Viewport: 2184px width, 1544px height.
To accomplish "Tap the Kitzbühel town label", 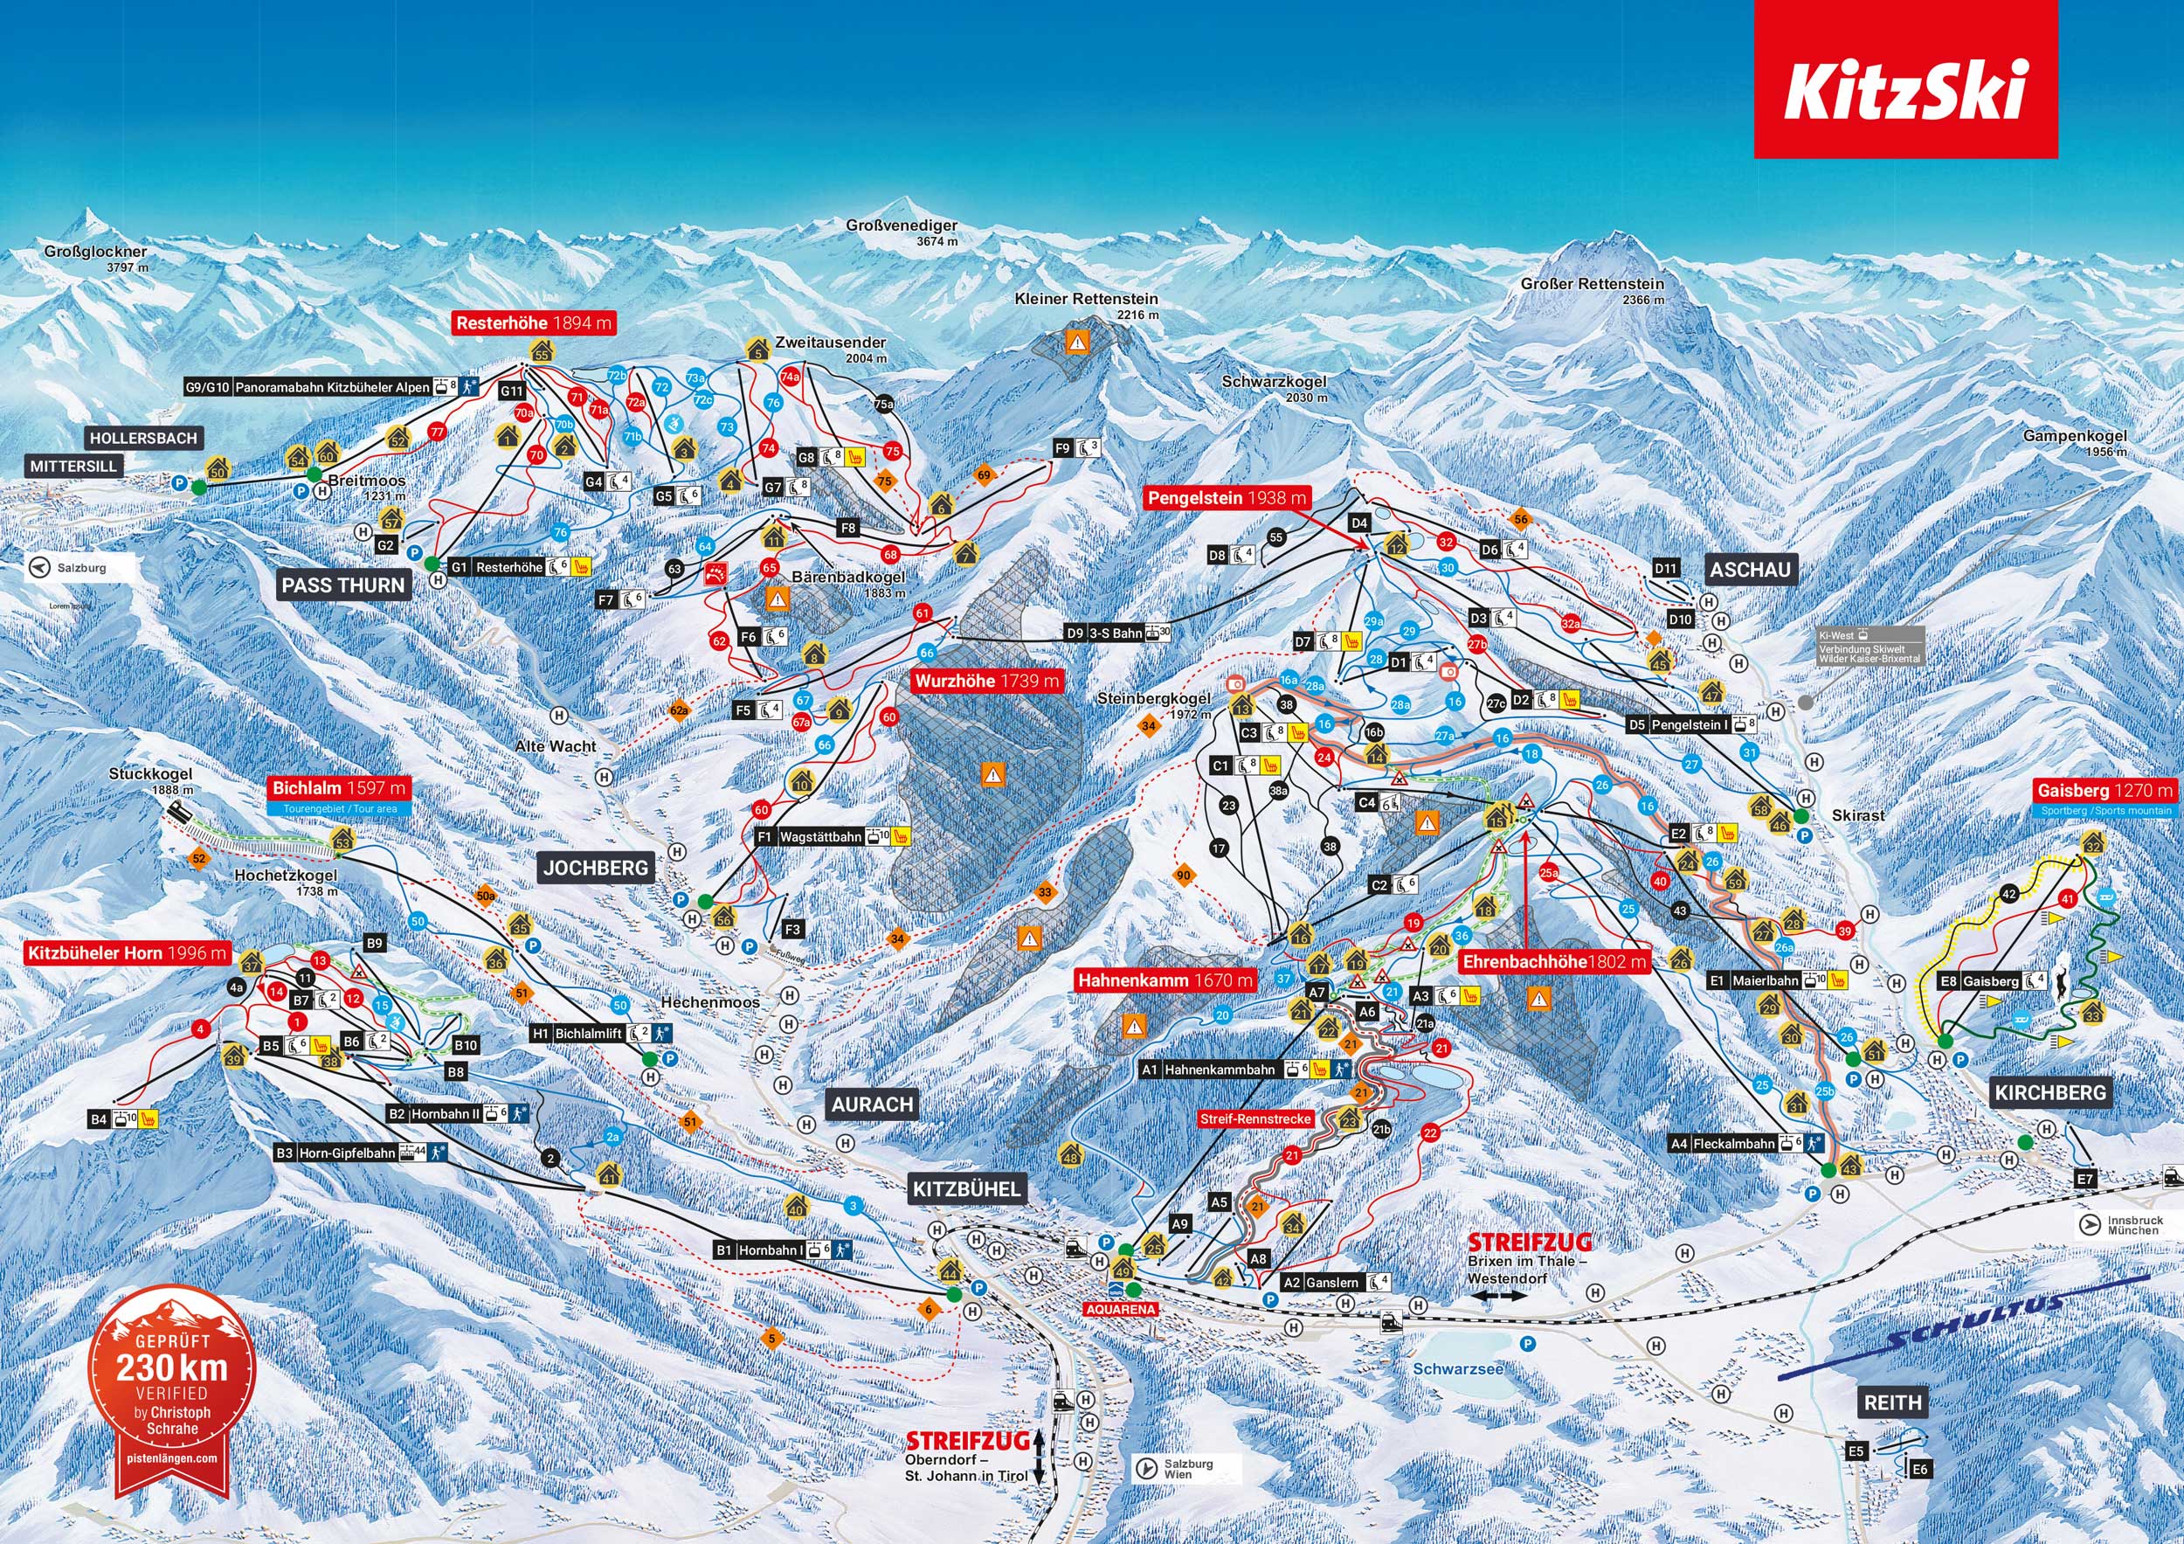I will pos(965,1188).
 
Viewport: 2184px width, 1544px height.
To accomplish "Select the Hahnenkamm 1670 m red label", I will pos(1165,980).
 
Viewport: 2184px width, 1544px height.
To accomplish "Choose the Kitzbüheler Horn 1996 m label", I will pos(128,953).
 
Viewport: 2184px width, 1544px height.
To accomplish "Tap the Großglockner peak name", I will pos(95,253).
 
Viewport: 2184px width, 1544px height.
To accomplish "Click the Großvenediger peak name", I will pos(901,226).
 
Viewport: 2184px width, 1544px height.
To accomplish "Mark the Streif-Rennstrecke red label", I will pos(1254,1118).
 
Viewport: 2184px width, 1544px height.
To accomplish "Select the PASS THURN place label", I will pos(343,585).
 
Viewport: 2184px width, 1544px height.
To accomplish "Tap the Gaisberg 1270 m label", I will pos(2105,791).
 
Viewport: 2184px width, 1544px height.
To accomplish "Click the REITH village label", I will pos(1892,1402).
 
